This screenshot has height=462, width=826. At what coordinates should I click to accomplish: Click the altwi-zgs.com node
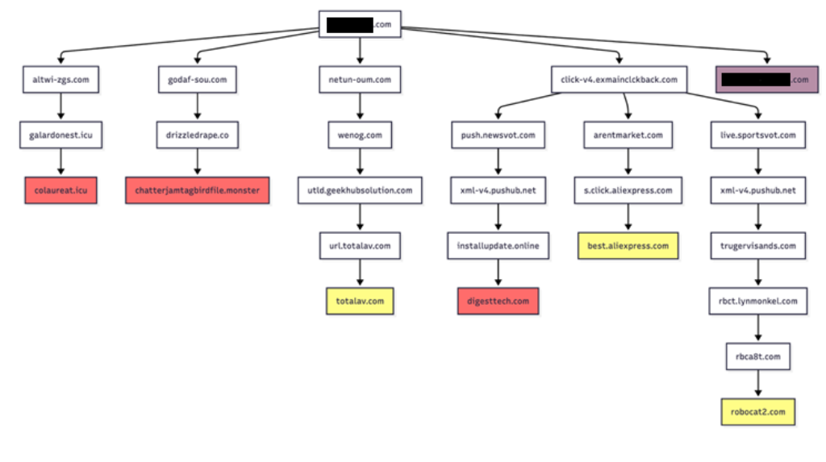point(60,80)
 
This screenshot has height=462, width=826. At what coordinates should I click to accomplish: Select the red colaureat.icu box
point(60,191)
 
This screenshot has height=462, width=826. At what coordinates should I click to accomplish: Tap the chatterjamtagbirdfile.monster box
point(197,191)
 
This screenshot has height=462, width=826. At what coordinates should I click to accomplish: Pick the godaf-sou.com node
point(198,80)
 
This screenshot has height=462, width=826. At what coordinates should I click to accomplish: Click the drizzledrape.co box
point(198,135)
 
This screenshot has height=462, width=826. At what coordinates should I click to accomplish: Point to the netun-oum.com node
point(360,80)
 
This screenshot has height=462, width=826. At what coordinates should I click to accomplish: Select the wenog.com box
point(360,135)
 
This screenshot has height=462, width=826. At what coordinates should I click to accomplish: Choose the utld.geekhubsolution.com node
point(360,190)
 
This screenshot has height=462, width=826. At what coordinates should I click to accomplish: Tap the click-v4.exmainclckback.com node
point(619,80)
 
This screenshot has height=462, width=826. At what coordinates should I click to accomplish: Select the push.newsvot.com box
point(498,135)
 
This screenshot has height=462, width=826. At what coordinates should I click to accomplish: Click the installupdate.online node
point(498,245)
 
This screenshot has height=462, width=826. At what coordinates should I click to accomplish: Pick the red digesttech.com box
point(498,301)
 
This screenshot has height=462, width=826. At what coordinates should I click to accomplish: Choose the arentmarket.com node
point(628,135)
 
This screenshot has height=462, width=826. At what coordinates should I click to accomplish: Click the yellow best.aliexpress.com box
point(628,246)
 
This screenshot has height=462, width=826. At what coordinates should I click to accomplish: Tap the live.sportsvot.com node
point(757,135)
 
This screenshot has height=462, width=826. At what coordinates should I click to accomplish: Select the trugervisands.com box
point(757,246)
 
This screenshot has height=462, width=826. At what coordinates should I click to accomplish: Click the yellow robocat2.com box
point(757,411)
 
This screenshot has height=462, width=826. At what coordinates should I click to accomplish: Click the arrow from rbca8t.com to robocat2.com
point(757,384)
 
